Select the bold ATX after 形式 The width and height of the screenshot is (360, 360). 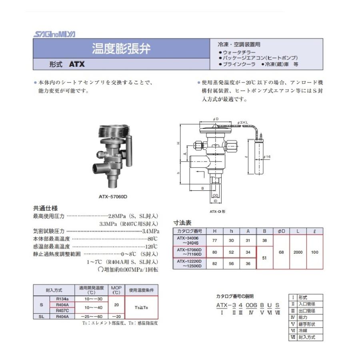click(77, 64)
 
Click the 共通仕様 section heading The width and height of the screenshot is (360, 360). click(45, 208)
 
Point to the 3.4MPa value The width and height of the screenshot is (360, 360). click(151, 231)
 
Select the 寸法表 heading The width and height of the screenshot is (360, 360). click(182, 222)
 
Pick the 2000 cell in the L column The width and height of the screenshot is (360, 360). click(297, 252)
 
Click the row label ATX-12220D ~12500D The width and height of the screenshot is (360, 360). click(190, 264)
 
